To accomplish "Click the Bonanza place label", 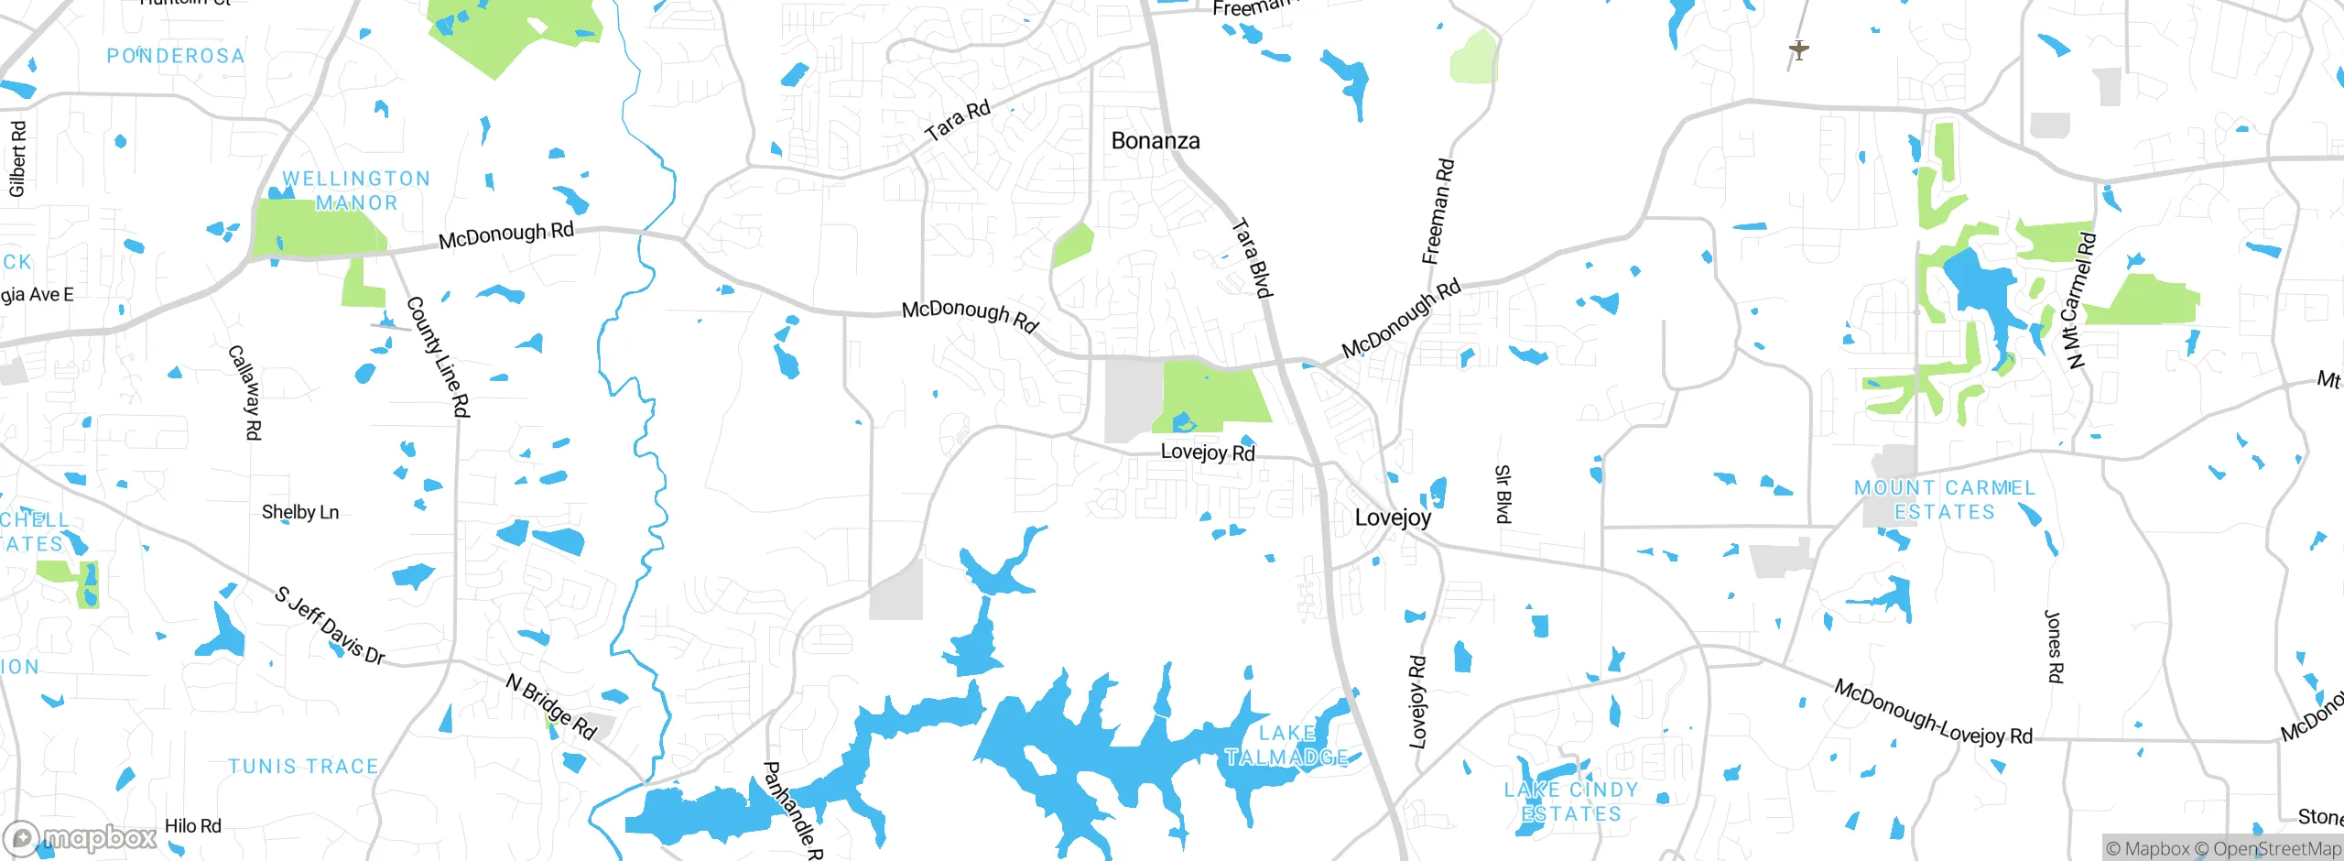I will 1155,141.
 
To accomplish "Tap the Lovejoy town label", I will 1393,518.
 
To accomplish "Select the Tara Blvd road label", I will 1252,257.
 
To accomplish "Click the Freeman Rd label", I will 1438,212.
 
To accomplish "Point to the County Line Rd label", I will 438,356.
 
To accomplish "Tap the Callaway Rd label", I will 244,392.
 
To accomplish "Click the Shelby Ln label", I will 300,512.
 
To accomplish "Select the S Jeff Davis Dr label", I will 330,625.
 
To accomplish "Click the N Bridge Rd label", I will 551,707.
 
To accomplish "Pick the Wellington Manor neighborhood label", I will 356,191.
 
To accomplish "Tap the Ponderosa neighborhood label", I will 176,56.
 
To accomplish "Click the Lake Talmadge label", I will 1286,746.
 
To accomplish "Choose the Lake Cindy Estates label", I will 1571,801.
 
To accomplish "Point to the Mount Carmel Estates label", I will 1944,500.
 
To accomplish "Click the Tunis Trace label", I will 303,766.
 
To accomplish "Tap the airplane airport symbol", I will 1798,49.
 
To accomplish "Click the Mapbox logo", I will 81,837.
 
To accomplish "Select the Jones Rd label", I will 2055,647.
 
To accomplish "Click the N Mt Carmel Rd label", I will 2078,301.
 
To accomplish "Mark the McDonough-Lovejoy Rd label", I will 1933,713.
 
